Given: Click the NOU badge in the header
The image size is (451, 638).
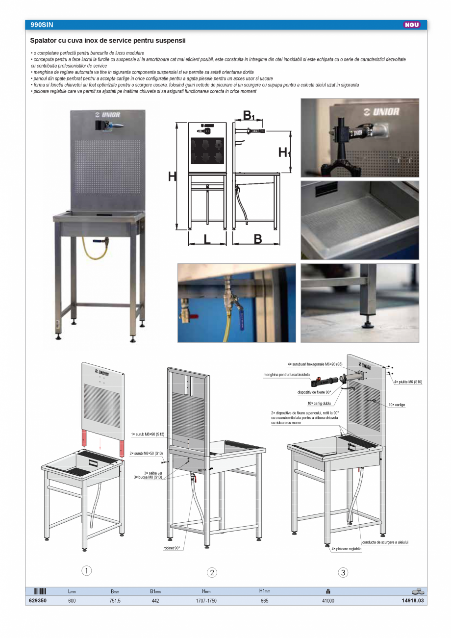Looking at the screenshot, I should click(412, 25).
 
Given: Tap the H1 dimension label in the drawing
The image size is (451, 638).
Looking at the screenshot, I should click(284, 153).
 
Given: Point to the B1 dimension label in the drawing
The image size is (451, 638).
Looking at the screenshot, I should click(249, 116).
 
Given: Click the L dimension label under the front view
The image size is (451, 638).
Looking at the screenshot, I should click(207, 239).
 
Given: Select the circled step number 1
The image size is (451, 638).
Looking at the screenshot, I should click(86, 570).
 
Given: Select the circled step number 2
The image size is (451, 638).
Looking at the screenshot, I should click(212, 572).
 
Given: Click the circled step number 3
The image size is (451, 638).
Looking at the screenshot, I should click(343, 572).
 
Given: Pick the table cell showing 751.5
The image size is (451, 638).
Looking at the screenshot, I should click(116, 601).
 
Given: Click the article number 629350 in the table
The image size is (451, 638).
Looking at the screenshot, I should click(38, 601).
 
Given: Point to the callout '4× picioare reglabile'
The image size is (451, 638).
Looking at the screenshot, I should click(346, 549).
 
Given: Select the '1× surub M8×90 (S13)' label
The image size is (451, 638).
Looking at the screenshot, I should click(147, 434).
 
